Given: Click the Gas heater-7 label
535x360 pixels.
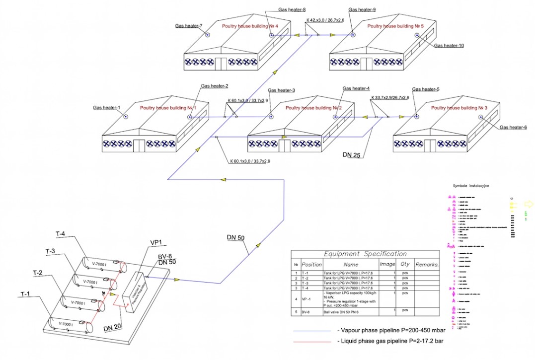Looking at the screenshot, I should (x=189, y=25).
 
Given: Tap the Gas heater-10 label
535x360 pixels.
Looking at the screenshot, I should (x=449, y=46).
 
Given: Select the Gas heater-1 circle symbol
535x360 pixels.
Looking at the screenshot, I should (x=126, y=117).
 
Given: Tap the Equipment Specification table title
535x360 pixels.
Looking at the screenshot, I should (x=365, y=254).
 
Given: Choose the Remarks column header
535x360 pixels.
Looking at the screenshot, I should (x=427, y=265).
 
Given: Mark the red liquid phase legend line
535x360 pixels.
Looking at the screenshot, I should (x=312, y=342).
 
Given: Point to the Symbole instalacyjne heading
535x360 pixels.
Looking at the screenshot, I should (x=471, y=185).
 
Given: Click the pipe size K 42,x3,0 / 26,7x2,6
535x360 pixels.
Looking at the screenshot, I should (x=325, y=20).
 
